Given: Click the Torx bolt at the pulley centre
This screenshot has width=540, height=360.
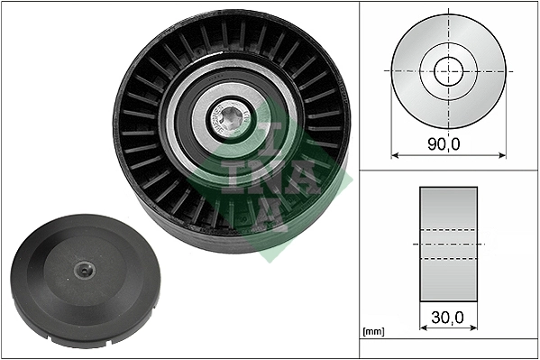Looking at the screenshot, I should pyautogui.click(x=232, y=120).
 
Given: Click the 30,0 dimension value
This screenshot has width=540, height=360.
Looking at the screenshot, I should pyautogui.click(x=448, y=318).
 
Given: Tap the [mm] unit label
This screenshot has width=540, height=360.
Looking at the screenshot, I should pyautogui.click(x=372, y=332).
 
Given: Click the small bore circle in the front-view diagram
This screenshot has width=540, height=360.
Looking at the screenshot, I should pyautogui.click(x=448, y=69).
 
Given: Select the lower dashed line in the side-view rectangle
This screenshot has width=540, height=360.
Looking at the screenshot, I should pyautogui.click(x=448, y=259).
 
